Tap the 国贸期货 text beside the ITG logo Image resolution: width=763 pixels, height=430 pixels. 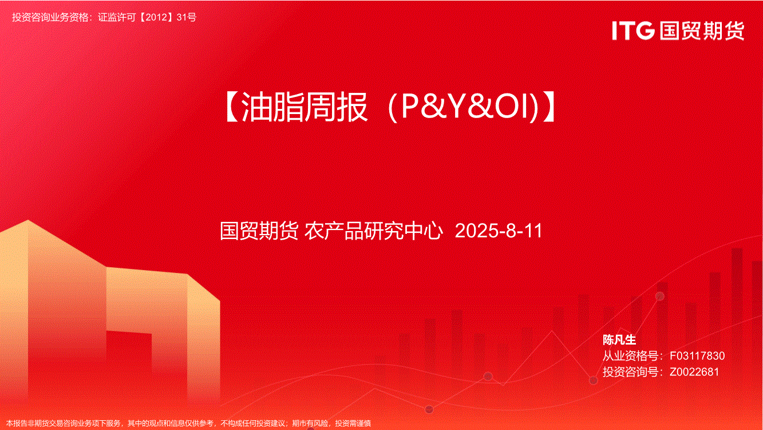pos(702,30)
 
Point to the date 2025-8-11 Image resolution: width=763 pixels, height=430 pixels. pos(499,231)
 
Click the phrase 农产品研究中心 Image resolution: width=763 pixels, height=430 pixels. pos(374,231)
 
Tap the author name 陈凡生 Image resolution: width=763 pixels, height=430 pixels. pos(619,339)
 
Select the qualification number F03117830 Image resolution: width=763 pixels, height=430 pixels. pos(697,355)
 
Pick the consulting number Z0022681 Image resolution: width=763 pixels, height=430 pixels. pos(694,372)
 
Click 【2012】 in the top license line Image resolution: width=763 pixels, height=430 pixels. pos(156,17)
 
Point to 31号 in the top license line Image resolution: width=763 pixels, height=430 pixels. pos(187,17)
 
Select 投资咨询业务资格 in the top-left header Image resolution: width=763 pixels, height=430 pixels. pos(50,17)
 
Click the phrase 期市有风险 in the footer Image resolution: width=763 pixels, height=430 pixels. pos(310,424)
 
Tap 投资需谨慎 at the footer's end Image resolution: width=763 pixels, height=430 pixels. pos(353,424)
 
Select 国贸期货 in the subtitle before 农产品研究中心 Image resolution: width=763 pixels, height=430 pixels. pos(259,231)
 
